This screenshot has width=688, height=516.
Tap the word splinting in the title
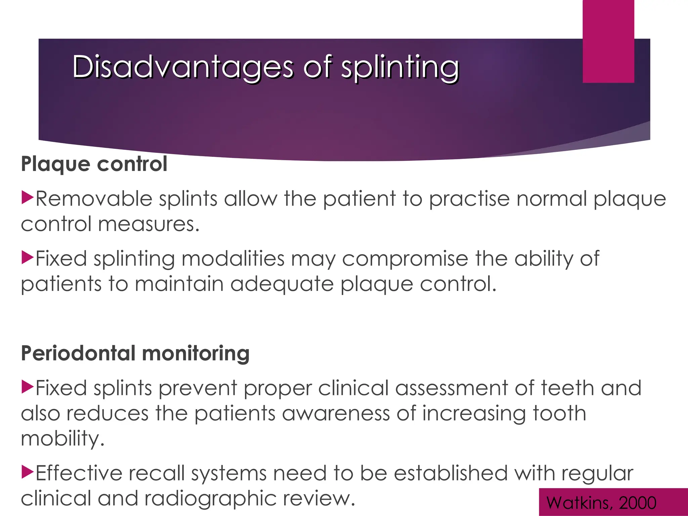click(x=400, y=67)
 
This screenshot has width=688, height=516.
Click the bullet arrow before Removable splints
click(x=27, y=198)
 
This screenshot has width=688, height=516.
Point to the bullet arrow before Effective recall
click(x=27, y=472)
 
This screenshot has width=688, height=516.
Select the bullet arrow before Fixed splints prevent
click(x=27, y=387)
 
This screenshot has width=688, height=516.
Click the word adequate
click(x=282, y=284)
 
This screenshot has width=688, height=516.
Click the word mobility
click(x=62, y=439)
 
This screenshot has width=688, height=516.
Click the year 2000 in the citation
click(x=637, y=503)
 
